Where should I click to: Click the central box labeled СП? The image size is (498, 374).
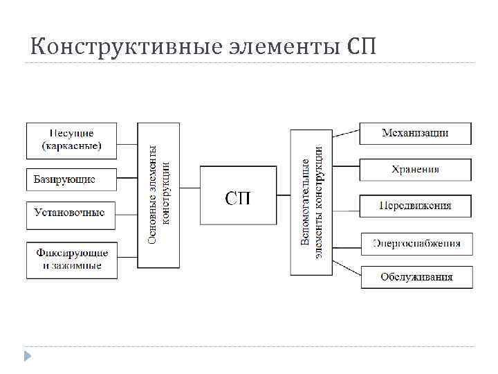coord(239,196)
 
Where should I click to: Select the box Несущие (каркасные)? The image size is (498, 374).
coord(71,141)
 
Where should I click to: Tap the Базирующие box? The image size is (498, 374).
coord(71,180)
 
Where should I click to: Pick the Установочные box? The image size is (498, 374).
coord(71,213)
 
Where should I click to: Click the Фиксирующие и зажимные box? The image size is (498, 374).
coord(71,260)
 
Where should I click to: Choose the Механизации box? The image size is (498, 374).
coord(415,133)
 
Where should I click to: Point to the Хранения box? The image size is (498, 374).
coord(415,170)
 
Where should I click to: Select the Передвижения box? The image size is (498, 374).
coord(415,206)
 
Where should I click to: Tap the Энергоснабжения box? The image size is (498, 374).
coord(416,244)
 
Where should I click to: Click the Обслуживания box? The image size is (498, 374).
coord(416,277)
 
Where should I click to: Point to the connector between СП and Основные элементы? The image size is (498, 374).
coord(190,196)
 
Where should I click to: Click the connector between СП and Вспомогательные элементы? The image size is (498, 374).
coord(284,196)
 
